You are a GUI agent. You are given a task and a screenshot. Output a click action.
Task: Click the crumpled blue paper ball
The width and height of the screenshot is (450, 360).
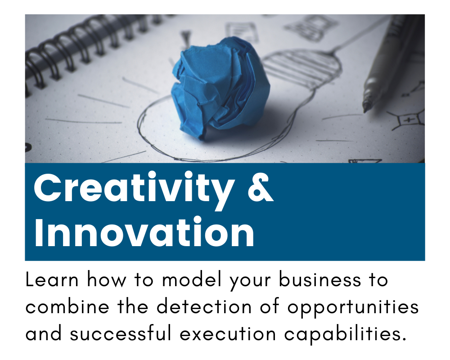click(220, 88)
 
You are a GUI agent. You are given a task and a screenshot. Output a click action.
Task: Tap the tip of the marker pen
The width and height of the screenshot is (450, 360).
click(365, 111)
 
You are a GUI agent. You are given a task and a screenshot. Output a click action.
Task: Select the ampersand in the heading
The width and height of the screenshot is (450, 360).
click(260, 187)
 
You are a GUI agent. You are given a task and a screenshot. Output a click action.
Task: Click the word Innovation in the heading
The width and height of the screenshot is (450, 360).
click(144, 232)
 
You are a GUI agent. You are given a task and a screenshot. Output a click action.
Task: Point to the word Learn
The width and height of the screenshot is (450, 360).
click(52, 279)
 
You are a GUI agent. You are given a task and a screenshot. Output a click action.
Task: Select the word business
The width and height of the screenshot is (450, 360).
click(320, 279)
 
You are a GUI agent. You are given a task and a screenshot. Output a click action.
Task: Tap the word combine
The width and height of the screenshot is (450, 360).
click(67, 306)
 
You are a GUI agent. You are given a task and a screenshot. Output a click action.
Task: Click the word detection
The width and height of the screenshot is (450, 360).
click(204, 306)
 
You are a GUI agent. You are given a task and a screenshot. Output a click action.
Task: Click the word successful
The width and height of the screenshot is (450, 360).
click(121, 333)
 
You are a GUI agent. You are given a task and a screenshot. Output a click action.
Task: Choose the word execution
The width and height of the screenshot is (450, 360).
click(228, 334)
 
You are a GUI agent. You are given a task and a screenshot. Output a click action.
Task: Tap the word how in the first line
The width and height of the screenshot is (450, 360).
click(107, 279)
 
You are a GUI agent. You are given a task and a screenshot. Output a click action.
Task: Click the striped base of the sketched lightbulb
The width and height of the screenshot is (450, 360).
click(301, 67)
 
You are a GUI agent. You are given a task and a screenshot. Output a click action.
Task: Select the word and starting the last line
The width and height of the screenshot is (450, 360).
click(44, 333)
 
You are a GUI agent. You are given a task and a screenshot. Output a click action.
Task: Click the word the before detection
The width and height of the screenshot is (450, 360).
click(133, 306)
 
